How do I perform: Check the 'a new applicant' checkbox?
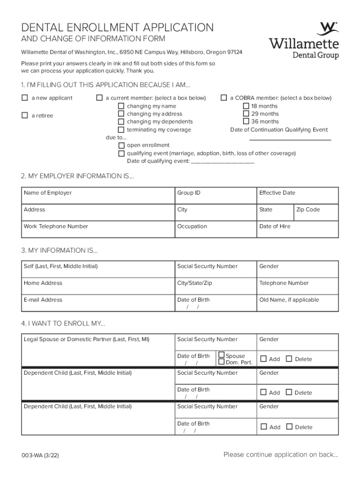(x=25, y=98)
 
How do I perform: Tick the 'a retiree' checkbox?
(x=25, y=116)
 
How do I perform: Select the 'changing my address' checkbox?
(x=122, y=114)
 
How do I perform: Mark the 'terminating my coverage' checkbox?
(x=122, y=130)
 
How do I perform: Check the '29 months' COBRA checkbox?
(x=246, y=114)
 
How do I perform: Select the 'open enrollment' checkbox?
(x=122, y=145)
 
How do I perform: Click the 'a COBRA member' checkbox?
(x=224, y=98)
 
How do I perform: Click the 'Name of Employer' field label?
(x=48, y=193)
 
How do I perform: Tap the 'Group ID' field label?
(x=189, y=193)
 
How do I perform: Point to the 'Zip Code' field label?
(x=308, y=210)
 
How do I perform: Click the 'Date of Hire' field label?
(x=274, y=226)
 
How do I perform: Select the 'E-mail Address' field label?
(x=43, y=300)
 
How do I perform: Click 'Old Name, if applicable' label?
(x=289, y=300)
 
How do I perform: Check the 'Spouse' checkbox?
(x=222, y=355)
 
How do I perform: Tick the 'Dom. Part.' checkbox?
(x=222, y=362)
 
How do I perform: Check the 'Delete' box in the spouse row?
(x=288, y=359)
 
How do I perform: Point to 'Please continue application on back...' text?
(x=281, y=455)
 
